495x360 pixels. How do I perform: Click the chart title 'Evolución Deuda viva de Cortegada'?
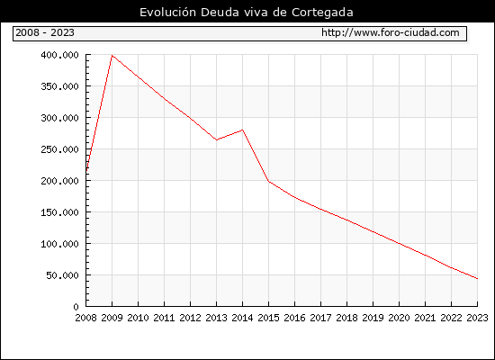click(247, 13)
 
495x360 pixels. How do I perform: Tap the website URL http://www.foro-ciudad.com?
click(391, 32)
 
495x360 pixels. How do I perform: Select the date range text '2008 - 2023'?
click(45, 32)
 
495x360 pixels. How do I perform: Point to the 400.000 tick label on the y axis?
click(59, 55)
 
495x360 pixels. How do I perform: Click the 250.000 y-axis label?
click(59, 149)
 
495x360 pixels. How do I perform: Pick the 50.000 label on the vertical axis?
click(62, 275)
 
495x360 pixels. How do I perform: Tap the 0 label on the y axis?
click(76, 307)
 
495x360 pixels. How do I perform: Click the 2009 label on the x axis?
click(112, 318)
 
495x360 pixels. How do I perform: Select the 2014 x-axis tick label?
click(242, 318)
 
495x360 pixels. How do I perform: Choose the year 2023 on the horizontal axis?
click(477, 318)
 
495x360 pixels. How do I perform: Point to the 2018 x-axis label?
click(346, 318)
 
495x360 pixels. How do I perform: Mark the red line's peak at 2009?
click(112, 56)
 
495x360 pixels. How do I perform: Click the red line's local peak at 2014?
click(242, 130)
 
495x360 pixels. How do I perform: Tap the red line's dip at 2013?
click(217, 139)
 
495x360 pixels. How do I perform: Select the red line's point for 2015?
click(269, 181)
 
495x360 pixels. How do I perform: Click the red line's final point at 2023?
click(477, 278)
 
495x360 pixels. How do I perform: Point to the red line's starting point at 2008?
click(86, 171)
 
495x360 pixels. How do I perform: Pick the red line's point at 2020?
click(399, 244)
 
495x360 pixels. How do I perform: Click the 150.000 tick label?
click(59, 212)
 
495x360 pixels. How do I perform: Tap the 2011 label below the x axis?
click(164, 318)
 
